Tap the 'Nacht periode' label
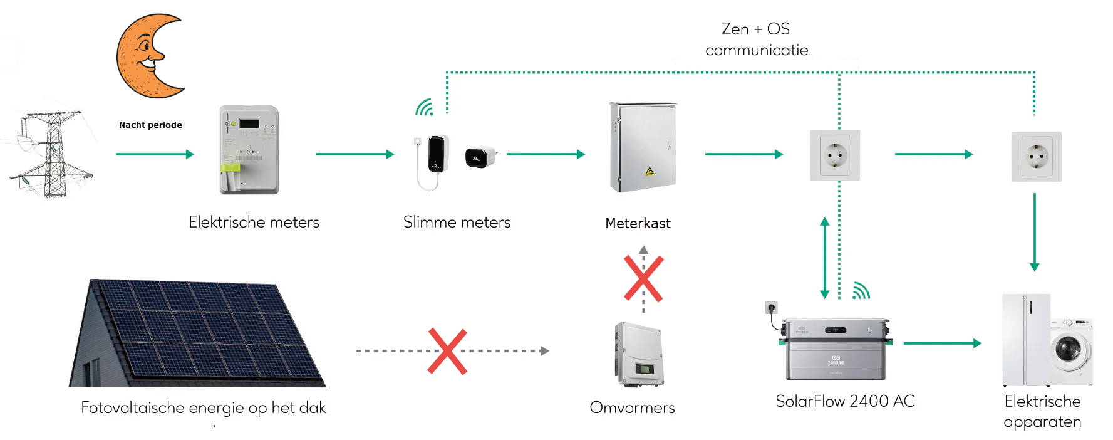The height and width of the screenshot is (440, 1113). [x=150, y=125]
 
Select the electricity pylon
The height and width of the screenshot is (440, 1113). [x=53, y=154]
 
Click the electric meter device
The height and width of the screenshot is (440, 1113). [x=249, y=150]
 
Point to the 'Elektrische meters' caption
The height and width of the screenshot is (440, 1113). [x=254, y=222]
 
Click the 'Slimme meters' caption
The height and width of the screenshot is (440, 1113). [x=457, y=222]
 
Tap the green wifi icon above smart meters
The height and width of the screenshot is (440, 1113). [x=425, y=108]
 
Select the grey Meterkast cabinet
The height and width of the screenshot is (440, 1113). [x=643, y=147]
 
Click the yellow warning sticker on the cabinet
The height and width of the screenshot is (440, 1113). [x=650, y=170]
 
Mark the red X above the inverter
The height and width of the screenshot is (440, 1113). [x=643, y=278]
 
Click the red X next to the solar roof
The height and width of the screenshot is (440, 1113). [x=447, y=351]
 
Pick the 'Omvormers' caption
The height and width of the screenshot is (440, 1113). [x=632, y=407]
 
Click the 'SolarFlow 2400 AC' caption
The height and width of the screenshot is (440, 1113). [x=845, y=401]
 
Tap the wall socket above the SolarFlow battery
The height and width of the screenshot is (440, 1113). [x=834, y=155]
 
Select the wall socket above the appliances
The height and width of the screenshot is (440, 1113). [x=1036, y=156]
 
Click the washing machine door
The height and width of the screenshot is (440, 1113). [x=1069, y=348]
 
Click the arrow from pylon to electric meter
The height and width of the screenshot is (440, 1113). [x=155, y=154]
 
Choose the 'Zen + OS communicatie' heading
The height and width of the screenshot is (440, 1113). [x=756, y=39]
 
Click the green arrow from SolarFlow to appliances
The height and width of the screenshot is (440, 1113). [x=942, y=343]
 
